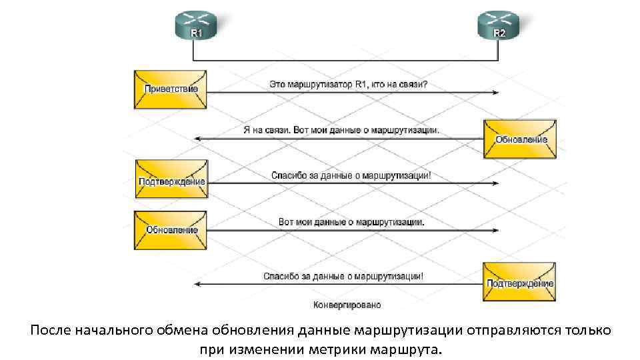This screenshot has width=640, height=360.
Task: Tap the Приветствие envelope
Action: [x=170, y=89]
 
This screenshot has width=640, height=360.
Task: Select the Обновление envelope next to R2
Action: [x=520, y=139]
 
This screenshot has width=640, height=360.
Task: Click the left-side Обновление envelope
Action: [x=170, y=230]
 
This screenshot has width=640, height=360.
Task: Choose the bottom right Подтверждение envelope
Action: [x=520, y=283]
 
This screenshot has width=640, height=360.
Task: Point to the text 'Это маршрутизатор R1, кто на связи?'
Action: [x=349, y=85]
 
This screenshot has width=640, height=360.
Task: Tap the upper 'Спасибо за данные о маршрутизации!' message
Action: [x=351, y=176]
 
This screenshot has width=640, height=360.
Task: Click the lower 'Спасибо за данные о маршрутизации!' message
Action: [x=343, y=275]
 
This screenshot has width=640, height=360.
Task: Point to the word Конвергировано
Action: [x=347, y=305]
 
